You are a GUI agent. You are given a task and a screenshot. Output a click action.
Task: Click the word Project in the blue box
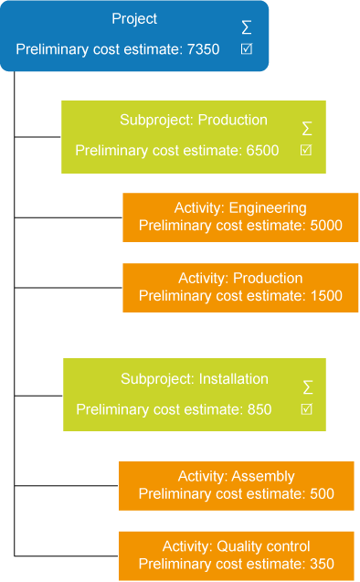click(x=134, y=18)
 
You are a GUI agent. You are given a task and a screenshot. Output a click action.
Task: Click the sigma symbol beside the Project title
click(x=247, y=27)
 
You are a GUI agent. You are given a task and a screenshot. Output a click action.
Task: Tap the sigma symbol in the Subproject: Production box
click(x=307, y=129)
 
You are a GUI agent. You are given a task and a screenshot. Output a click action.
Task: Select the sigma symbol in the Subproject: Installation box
click(x=307, y=387)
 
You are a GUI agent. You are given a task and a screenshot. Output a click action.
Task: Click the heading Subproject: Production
click(x=193, y=120)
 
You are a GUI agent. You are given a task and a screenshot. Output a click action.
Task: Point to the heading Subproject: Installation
click(x=194, y=378)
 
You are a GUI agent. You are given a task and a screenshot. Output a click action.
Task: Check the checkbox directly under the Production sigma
click(x=307, y=150)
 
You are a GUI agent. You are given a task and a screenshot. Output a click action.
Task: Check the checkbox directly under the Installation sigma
click(x=307, y=408)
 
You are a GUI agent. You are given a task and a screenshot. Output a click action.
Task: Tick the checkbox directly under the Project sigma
click(x=247, y=48)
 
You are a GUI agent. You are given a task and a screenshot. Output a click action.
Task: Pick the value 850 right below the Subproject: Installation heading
click(x=259, y=409)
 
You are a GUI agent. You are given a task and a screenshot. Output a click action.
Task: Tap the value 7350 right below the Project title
click(x=202, y=49)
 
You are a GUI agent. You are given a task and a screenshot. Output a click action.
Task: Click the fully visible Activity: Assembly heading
click(x=235, y=476)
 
